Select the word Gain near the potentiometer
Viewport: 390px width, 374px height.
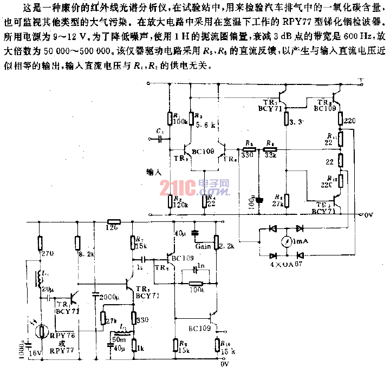click(203, 246)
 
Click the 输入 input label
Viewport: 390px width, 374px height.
click(154, 172)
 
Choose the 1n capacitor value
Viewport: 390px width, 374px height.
click(199, 266)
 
